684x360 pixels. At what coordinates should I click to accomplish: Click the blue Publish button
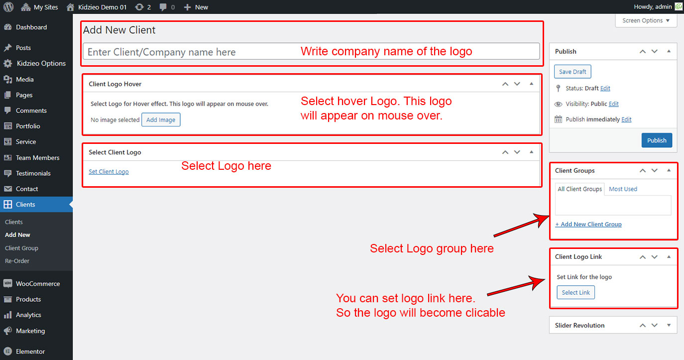tap(657, 140)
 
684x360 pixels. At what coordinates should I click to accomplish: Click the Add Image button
tap(161, 120)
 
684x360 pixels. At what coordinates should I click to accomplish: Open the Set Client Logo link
tap(109, 172)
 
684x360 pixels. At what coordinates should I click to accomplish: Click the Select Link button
tap(575, 292)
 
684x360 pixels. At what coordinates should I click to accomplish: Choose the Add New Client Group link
tap(588, 224)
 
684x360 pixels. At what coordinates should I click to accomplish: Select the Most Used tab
tap(623, 189)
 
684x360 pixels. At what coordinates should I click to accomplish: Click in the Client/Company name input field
tap(311, 52)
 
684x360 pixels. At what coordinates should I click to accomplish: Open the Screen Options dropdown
tap(646, 20)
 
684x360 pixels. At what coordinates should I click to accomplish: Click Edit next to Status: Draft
tap(605, 88)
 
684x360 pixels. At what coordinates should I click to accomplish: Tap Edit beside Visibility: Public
tap(613, 104)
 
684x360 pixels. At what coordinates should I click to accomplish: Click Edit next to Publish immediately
tap(626, 120)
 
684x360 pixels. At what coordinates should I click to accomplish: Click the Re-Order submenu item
tap(17, 261)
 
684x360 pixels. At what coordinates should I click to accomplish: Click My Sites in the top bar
tap(39, 7)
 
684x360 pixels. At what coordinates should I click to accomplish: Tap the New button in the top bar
tap(196, 7)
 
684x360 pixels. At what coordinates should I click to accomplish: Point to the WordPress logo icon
tap(8, 6)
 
